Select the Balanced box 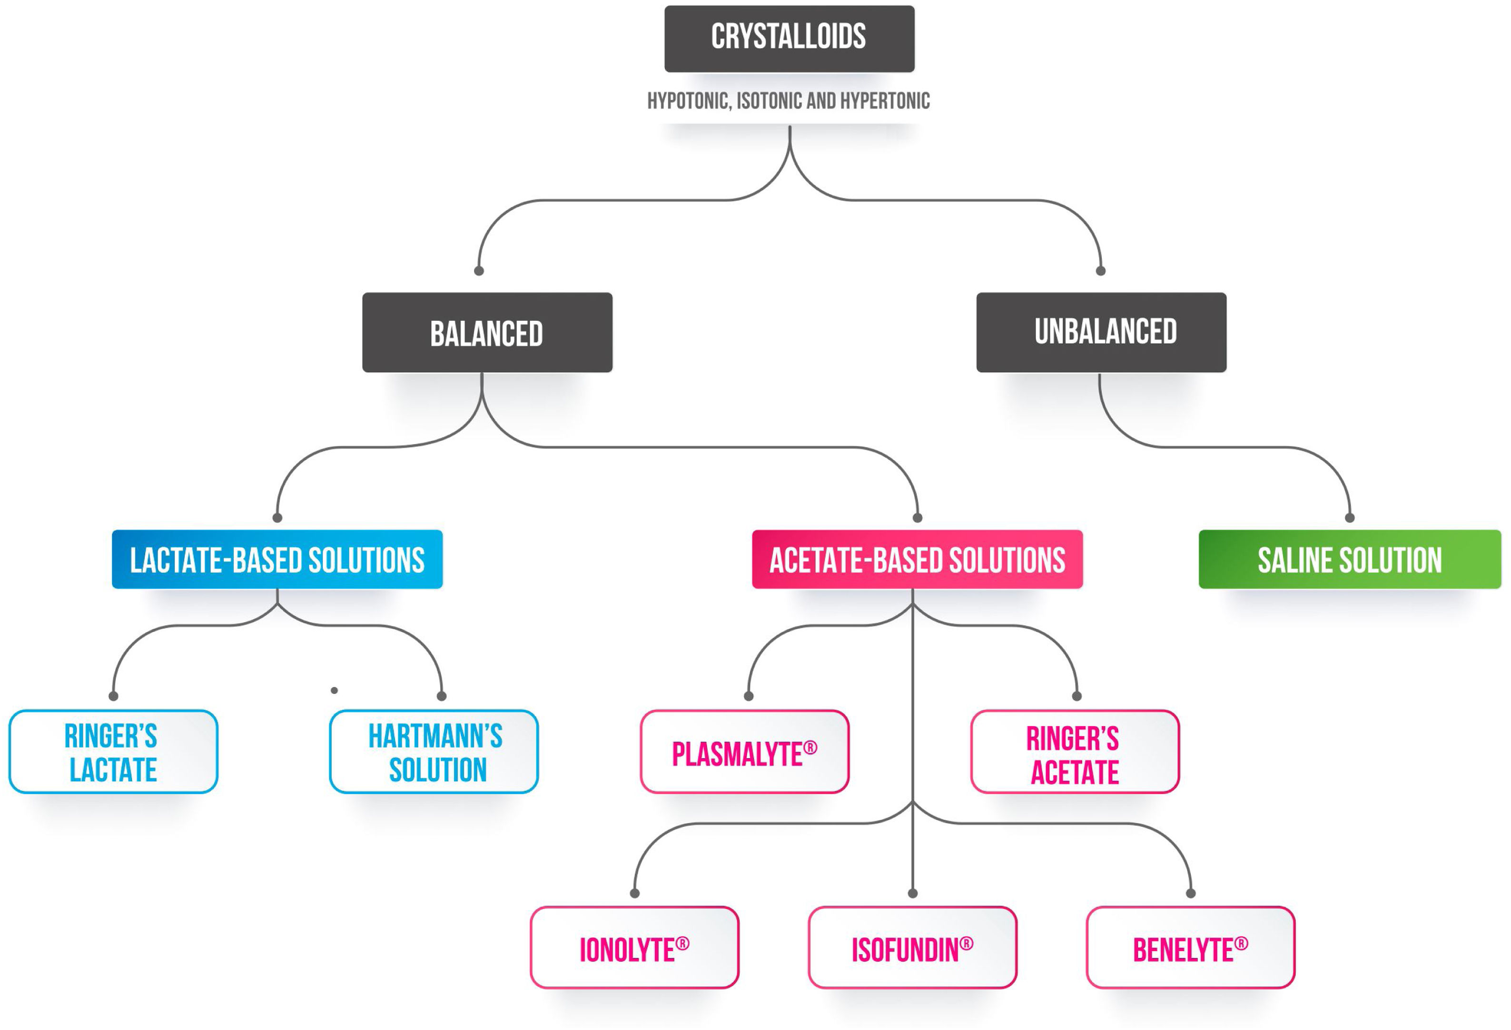point(487,332)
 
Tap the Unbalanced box point(1101,332)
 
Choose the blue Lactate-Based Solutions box point(277,559)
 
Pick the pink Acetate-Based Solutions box point(917,559)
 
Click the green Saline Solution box point(1349,559)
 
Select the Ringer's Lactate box point(113,752)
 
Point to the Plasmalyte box point(744,752)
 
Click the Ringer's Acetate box point(1075,752)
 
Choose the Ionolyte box point(634,948)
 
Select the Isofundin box point(912,948)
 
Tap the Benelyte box point(1190,948)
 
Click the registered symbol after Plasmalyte point(810,748)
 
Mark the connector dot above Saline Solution point(1350,518)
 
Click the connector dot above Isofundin point(913,893)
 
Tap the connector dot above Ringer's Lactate point(113,696)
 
